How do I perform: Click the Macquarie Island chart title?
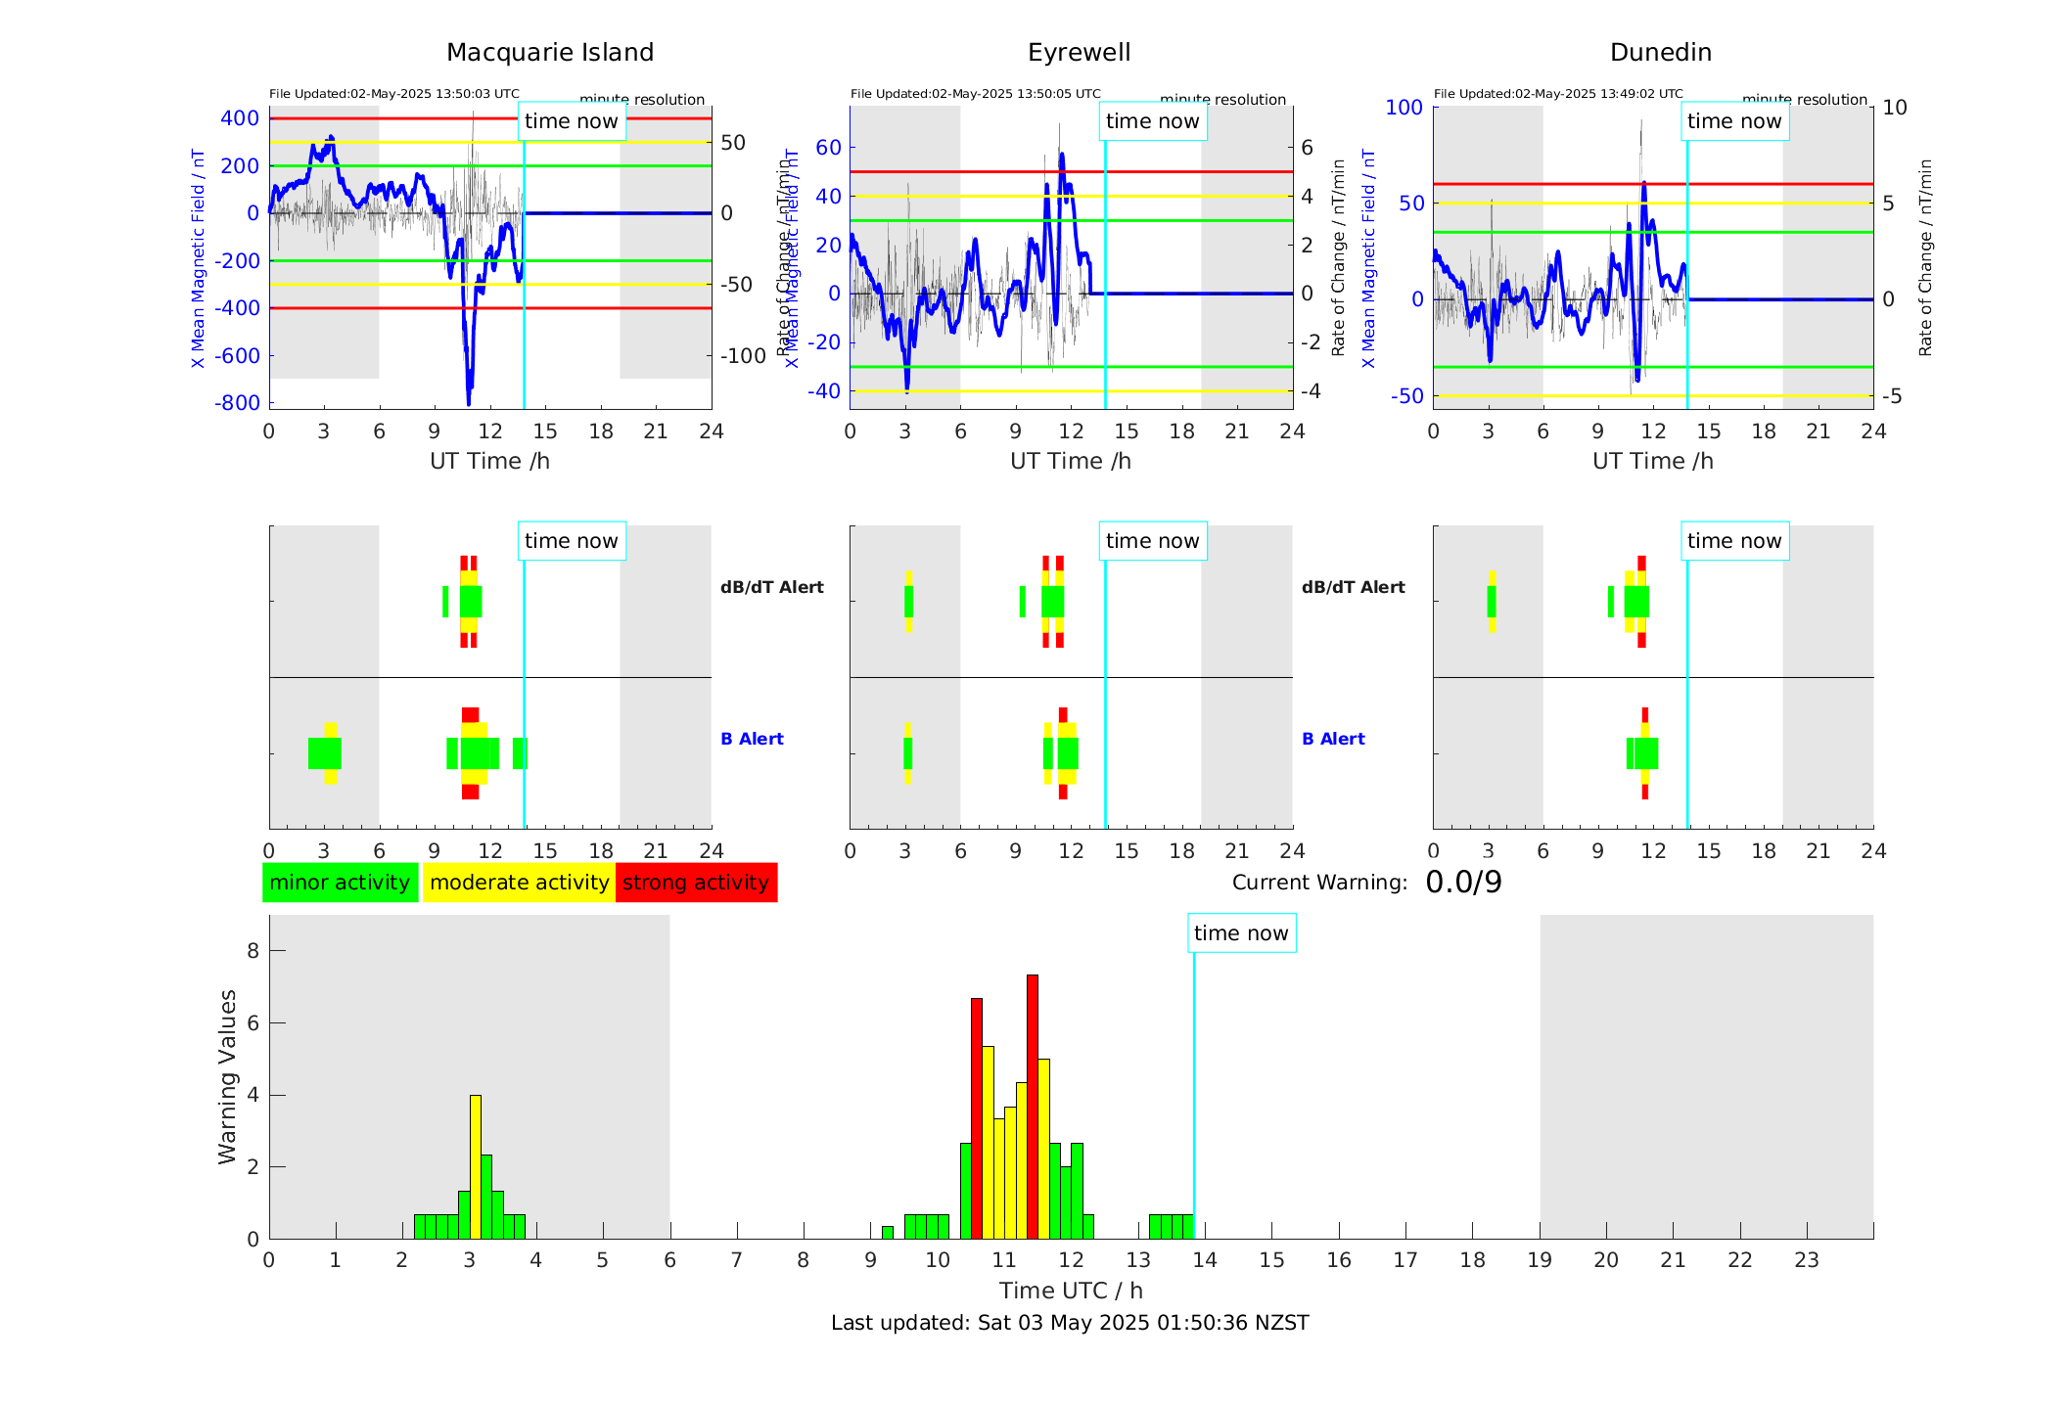click(x=550, y=53)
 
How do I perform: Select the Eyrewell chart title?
click(x=1079, y=53)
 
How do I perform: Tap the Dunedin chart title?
click(x=1660, y=53)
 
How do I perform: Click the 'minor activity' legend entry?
click(x=340, y=883)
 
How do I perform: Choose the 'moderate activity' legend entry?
click(x=519, y=883)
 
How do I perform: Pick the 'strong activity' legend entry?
click(x=696, y=883)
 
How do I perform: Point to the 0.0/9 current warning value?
click(x=1463, y=883)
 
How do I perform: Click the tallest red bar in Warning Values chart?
click(x=1033, y=1106)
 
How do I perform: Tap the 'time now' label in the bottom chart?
click(x=1241, y=933)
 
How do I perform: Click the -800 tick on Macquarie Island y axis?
click(x=238, y=403)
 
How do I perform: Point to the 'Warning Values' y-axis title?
click(x=228, y=1076)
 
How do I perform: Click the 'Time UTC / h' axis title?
click(x=1071, y=1291)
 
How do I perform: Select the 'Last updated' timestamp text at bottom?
click(x=1070, y=1323)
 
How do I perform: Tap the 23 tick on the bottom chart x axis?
click(x=1806, y=1260)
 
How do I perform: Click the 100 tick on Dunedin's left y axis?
click(x=1404, y=108)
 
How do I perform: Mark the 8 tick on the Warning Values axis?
click(x=253, y=951)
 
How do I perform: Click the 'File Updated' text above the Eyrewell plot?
click(x=975, y=94)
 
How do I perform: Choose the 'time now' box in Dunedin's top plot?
click(x=1734, y=121)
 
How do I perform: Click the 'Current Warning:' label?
click(x=1319, y=883)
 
